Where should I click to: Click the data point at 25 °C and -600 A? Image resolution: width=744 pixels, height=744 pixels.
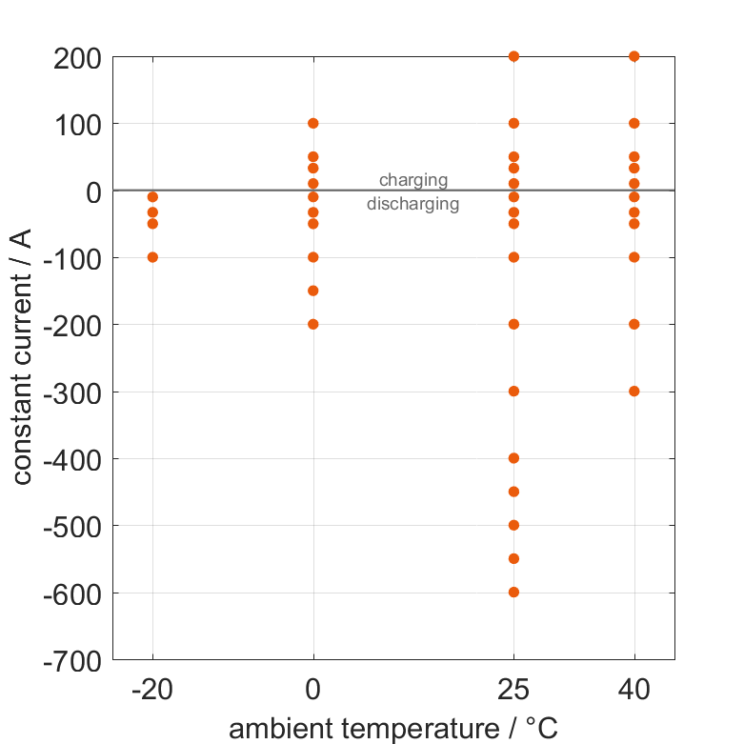pyautogui.click(x=513, y=592)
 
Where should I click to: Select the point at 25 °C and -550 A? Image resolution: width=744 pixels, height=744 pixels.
pyautogui.click(x=513, y=558)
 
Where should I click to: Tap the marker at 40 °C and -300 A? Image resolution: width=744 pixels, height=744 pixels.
pyautogui.click(x=634, y=391)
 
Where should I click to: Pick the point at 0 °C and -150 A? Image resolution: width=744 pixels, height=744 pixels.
pyautogui.click(x=313, y=291)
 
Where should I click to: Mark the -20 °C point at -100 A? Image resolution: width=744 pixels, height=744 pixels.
pyautogui.click(x=152, y=257)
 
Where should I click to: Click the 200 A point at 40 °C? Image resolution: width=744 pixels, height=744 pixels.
pyautogui.click(x=634, y=56)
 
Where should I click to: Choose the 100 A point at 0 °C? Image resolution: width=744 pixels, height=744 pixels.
pyautogui.click(x=313, y=123)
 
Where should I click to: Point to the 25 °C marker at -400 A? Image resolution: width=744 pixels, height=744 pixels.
pyautogui.click(x=513, y=458)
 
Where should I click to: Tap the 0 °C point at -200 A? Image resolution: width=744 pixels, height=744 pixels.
pyautogui.click(x=313, y=324)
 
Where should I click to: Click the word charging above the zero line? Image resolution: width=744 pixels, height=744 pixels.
pyautogui.click(x=413, y=180)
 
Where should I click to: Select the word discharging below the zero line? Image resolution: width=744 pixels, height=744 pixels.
pyautogui.click(x=413, y=204)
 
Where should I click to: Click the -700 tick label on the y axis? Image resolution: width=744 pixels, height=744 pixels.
pyautogui.click(x=70, y=659)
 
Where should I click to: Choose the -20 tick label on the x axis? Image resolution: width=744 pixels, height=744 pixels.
pyautogui.click(x=152, y=690)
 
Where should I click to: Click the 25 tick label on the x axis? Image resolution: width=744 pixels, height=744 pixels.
pyautogui.click(x=513, y=690)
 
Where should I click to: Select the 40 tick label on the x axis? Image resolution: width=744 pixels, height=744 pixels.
pyautogui.click(x=634, y=690)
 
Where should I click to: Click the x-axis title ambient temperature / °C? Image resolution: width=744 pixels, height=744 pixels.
pyautogui.click(x=393, y=729)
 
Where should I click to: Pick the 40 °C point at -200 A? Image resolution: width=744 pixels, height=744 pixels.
pyautogui.click(x=634, y=324)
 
